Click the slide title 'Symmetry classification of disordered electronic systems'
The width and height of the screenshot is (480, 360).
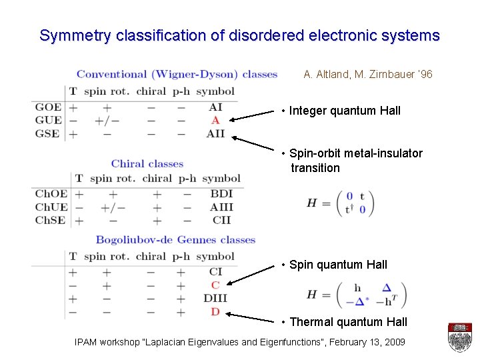pos(239,35)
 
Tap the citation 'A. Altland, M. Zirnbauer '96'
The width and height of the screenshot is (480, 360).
pos(368,75)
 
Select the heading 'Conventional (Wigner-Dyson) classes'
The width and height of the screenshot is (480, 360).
pos(177,74)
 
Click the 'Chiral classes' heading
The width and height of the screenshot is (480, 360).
pos(147,163)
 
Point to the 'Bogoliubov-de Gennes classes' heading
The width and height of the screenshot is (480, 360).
pos(175,240)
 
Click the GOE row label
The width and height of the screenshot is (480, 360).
pos(48,107)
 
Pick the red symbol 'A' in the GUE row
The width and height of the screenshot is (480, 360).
pos(215,120)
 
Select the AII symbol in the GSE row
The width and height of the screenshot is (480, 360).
pos(215,133)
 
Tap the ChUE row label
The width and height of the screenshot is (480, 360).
pos(51,207)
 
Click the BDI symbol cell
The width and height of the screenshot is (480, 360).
pos(221,194)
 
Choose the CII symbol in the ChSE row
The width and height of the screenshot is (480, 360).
pos(221,219)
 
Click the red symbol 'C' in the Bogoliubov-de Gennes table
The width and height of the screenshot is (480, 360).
pos(215,285)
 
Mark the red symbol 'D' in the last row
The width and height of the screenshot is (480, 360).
pos(215,311)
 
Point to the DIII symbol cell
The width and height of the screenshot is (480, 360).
pos(215,298)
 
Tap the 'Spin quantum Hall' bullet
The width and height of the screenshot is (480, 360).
pos(338,265)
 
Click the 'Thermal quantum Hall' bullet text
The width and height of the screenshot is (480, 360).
pos(348,322)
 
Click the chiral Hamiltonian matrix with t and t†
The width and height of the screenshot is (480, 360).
pos(341,203)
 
